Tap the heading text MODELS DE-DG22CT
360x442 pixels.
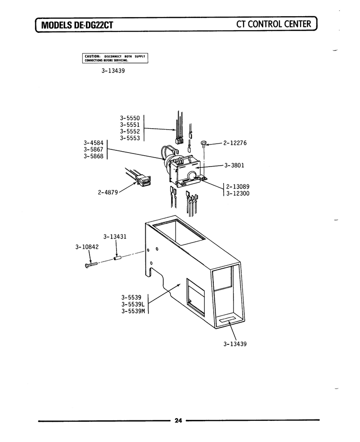tap(77, 25)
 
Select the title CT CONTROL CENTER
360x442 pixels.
tap(274, 24)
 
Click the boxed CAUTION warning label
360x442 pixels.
tap(115, 58)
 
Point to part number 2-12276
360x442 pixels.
tap(235, 143)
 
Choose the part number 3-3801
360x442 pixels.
tap(234, 165)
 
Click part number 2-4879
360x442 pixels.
tap(108, 193)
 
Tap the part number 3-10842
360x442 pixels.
tap(87, 247)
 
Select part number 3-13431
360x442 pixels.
tap(115, 237)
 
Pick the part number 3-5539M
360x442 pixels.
tap(133, 311)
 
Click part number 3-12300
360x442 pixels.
tap(238, 194)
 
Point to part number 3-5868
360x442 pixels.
tap(93, 156)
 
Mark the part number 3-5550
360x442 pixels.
tap(130, 118)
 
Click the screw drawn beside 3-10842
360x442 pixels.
tap(91, 265)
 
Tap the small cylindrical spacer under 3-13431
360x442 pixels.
tap(117, 258)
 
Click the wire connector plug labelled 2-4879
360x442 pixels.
tap(144, 180)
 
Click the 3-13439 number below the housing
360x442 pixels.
tap(235, 344)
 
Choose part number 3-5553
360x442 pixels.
tap(130, 139)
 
